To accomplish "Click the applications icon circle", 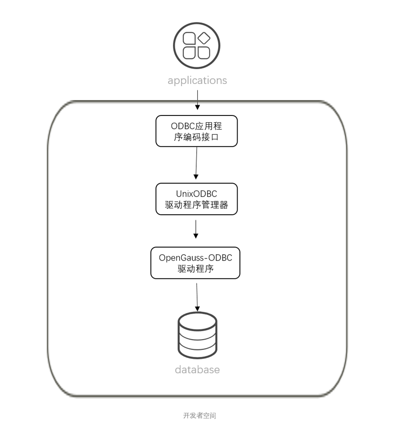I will tap(197, 45).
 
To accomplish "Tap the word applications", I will tap(197, 80).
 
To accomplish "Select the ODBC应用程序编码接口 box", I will tap(196, 131).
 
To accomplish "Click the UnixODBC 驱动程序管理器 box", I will tap(196, 199).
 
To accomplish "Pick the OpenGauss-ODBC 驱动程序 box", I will tap(195, 263).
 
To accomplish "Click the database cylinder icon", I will tap(197, 335).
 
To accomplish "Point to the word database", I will tap(197, 370).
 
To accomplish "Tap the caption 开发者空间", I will tap(199, 416).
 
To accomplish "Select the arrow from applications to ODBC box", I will tap(197, 100).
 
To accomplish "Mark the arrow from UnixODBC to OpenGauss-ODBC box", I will tap(196, 229).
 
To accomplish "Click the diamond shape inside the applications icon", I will tap(204, 38).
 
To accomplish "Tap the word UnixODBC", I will tap(196, 194).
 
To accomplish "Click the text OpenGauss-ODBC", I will tap(195, 257).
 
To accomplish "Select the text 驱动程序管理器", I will tap(196, 205).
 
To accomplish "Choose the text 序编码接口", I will tap(196, 137).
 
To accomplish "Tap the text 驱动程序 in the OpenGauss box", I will tap(195, 269).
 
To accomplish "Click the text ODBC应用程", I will tap(196, 126).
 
